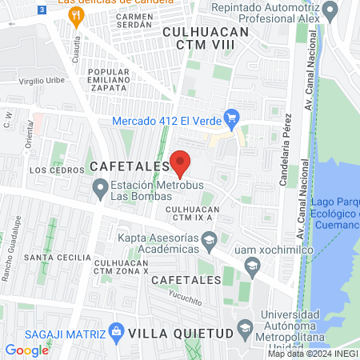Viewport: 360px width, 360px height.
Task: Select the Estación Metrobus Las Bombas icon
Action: (100, 189)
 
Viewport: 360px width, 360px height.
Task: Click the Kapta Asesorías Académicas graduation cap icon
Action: (208, 240)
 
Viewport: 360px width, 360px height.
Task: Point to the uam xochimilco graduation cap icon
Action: (252, 265)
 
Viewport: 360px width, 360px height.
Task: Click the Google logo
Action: (27, 350)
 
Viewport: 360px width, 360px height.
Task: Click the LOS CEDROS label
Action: (56, 170)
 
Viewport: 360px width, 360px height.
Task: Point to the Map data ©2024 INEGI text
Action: (313, 354)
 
